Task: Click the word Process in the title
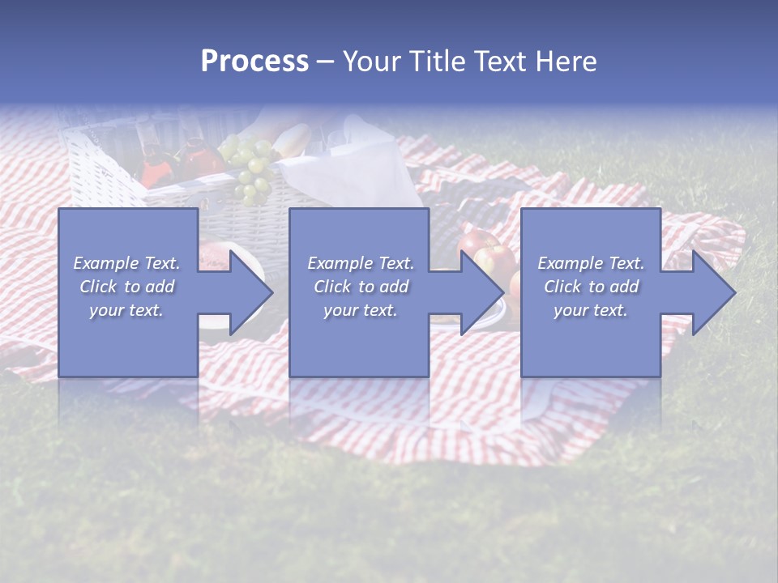[x=254, y=62]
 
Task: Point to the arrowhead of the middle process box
[x=478, y=292]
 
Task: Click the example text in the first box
[x=127, y=287]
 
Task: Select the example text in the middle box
[x=360, y=287]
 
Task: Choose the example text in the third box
[x=591, y=287]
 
